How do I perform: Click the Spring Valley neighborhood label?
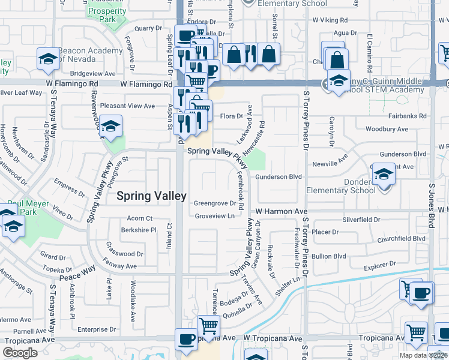[151, 196]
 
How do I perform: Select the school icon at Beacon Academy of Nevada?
[48, 59]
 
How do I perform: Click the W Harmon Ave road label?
[281, 211]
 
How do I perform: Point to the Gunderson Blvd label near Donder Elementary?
[278, 177]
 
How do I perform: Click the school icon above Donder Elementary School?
[384, 175]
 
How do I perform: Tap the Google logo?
[20, 352]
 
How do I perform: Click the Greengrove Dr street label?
[214, 203]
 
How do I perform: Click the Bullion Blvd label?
[329, 256]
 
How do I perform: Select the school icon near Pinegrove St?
[110, 127]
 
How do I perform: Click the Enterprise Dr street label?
[96, 329]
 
